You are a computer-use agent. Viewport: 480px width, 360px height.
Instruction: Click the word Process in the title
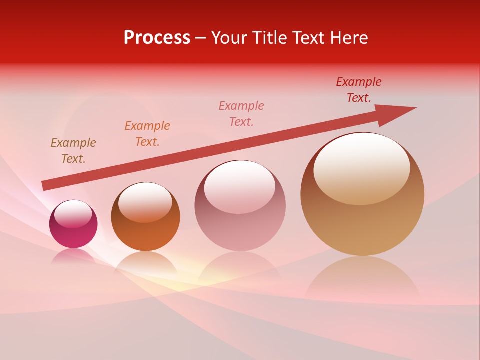[157, 38]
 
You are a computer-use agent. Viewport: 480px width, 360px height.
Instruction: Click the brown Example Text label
[73, 151]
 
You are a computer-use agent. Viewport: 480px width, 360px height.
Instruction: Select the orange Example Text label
[147, 134]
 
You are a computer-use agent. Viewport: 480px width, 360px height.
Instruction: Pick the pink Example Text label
[241, 114]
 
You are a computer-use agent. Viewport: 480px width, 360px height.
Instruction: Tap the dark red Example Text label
[359, 90]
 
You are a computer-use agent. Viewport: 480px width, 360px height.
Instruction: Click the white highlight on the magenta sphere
[73, 214]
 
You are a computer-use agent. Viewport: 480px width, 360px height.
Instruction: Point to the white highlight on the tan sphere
[362, 169]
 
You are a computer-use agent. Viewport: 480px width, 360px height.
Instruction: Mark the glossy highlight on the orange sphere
[145, 202]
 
